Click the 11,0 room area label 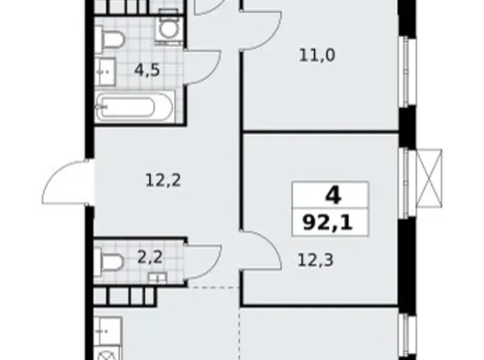(x=318, y=56)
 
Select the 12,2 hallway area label (x=163, y=181)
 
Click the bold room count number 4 (x=333, y=196)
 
